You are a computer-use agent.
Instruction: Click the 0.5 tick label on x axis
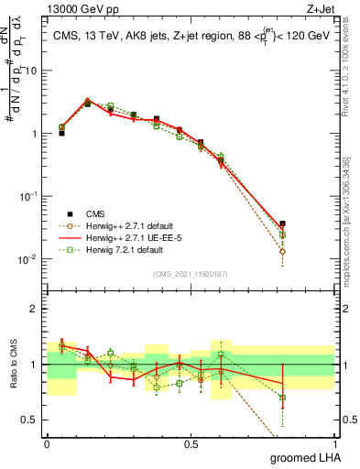tap(191, 443)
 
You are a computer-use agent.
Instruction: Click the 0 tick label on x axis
tap(47, 443)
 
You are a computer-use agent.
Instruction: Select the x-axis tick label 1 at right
tap(334, 443)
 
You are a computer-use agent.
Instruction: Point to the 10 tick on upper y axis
tap(34, 71)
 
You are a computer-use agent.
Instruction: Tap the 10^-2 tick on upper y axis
tap(30, 259)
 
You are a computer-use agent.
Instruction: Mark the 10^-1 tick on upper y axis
tap(30, 196)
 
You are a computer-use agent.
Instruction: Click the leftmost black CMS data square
tap(61, 133)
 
